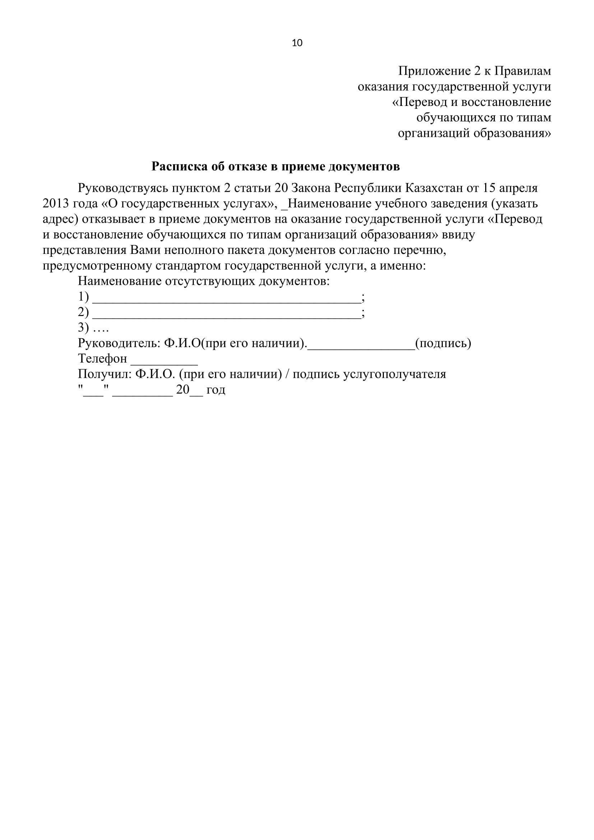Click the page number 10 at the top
297,43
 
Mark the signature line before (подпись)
361,347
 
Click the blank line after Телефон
164,362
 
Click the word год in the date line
216,390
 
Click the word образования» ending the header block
512,133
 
